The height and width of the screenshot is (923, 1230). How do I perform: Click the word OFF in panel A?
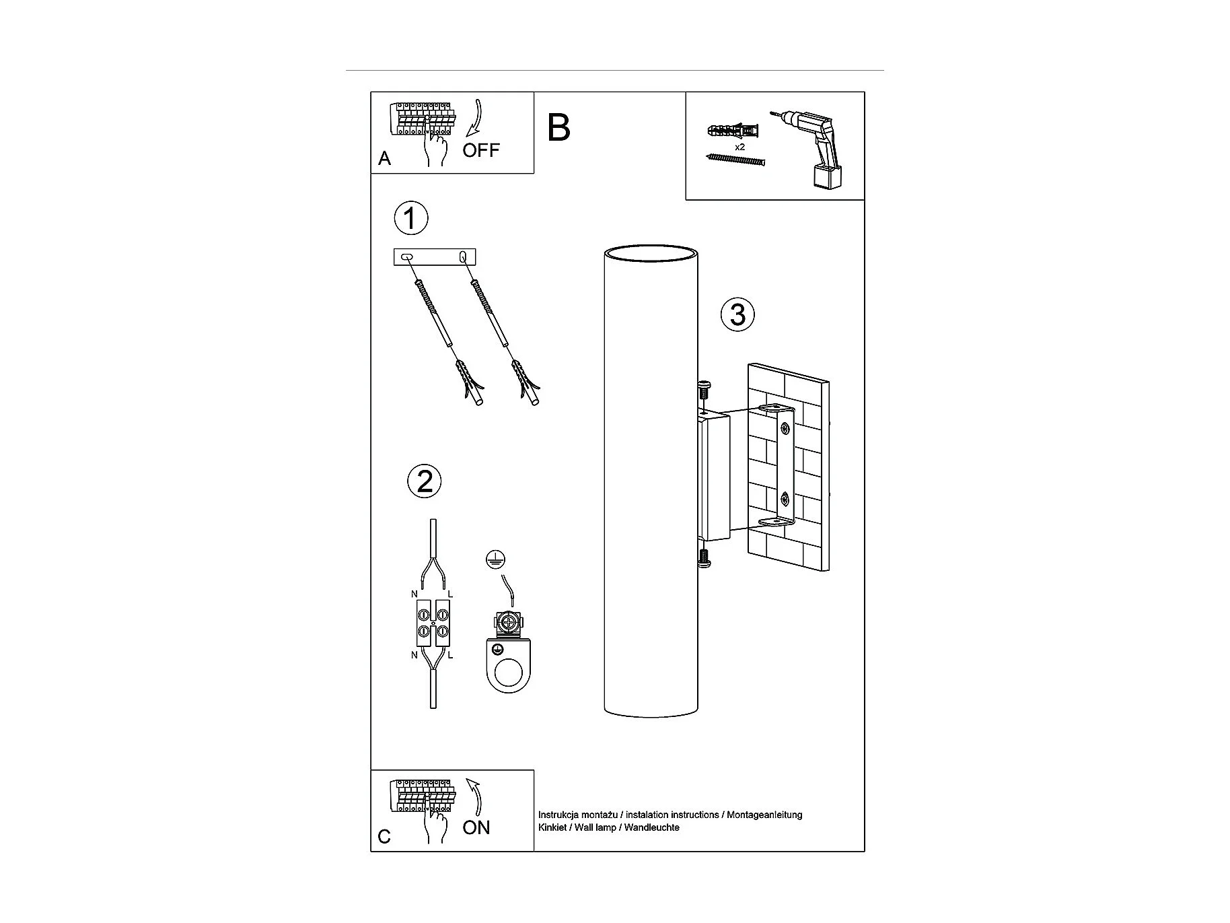pos(481,150)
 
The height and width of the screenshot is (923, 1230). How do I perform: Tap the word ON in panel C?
pos(476,827)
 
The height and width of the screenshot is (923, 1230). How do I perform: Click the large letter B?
pos(558,127)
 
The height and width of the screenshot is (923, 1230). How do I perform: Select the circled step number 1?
pos(410,218)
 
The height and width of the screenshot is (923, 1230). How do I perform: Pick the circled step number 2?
pos(425,482)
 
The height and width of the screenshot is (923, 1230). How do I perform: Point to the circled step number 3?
pos(737,314)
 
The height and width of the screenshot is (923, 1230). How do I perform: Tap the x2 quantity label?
pos(739,147)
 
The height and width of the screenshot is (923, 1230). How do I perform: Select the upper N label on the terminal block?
pos(414,594)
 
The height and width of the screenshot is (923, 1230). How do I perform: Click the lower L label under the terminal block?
pos(450,655)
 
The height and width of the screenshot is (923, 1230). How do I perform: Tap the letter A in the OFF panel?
pos(384,158)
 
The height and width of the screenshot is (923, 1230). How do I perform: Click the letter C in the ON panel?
pos(384,837)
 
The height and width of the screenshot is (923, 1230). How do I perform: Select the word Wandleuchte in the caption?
pos(651,827)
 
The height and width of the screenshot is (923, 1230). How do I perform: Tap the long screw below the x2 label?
pos(736,160)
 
